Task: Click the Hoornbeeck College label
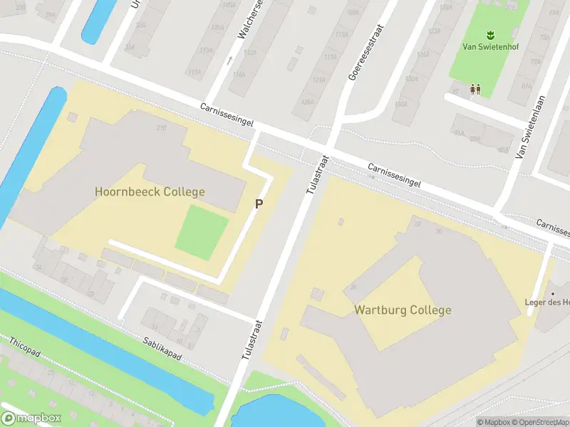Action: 150,191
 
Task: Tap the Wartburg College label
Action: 403,310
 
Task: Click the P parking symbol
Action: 259,204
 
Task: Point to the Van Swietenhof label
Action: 489,48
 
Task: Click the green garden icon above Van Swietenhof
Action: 489,34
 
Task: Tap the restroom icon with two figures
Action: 475,89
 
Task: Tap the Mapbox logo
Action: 31,418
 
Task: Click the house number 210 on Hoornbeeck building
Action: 162,128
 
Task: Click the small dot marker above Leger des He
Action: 552,293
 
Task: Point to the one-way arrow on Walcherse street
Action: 229,60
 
